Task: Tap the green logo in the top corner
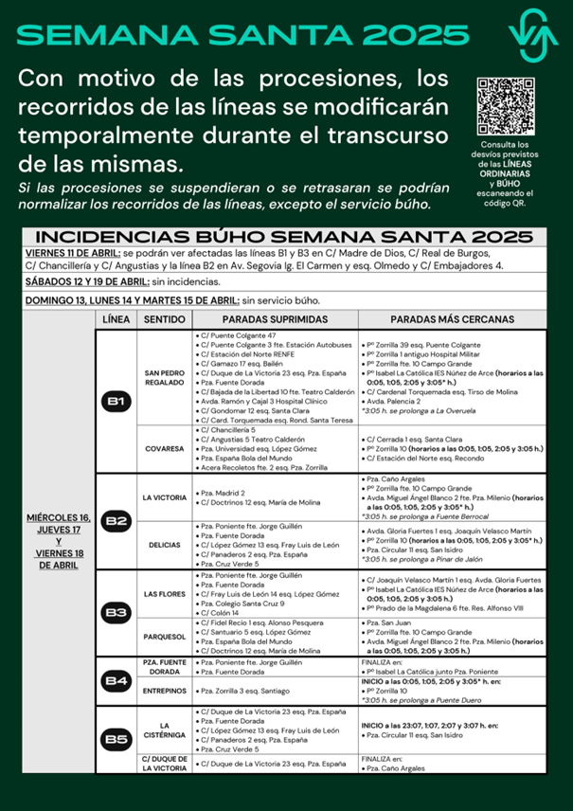click(x=532, y=35)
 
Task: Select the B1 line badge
click(x=116, y=402)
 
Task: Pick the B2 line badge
click(x=116, y=520)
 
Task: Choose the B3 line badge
click(x=116, y=612)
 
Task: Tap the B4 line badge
click(x=116, y=679)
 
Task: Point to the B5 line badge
click(x=116, y=739)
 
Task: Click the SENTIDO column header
click(x=164, y=320)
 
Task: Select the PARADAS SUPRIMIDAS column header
click(x=274, y=320)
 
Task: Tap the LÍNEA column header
click(x=116, y=320)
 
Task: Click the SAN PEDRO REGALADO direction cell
click(x=164, y=376)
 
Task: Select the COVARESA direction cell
click(x=164, y=448)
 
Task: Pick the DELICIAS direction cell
click(x=164, y=545)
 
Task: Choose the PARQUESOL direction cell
click(x=164, y=637)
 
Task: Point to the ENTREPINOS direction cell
click(x=164, y=691)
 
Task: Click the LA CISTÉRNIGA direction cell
click(x=164, y=732)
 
